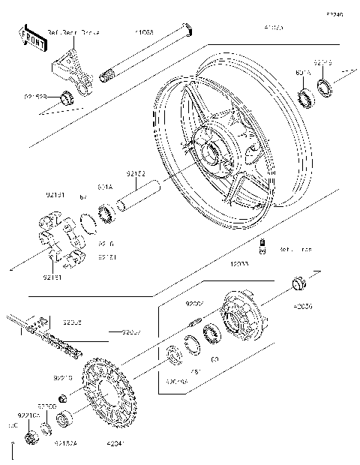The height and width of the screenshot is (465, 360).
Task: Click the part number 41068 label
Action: click(x=145, y=33)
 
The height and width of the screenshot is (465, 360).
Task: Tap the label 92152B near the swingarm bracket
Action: click(x=34, y=96)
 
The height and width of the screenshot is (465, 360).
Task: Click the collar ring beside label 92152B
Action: click(x=68, y=96)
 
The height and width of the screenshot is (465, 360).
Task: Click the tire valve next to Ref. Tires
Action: click(x=263, y=247)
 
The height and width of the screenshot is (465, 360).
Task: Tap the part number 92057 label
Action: click(x=132, y=331)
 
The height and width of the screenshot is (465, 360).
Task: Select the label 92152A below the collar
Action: click(x=66, y=442)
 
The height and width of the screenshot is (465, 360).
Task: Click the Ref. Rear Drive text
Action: click(x=74, y=34)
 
